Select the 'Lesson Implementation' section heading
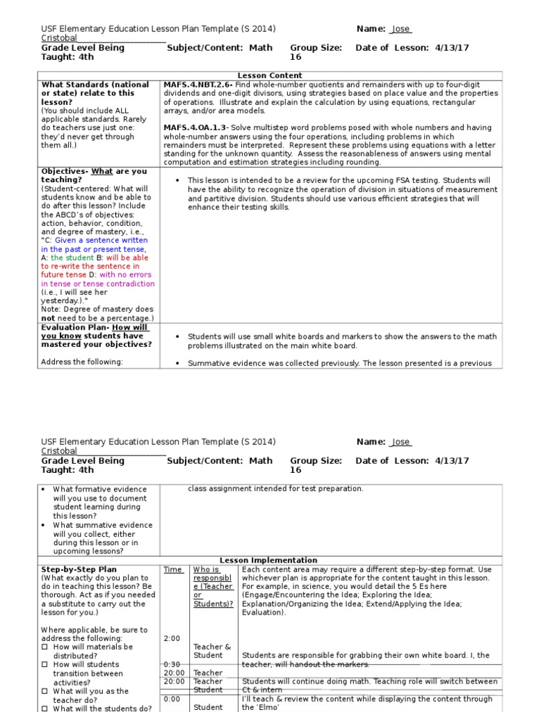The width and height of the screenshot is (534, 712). pos(268,560)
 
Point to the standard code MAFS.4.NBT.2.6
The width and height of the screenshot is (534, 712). pos(197,85)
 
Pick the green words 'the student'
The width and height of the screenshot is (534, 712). pos(74,258)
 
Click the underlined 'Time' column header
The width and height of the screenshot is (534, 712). pos(172,569)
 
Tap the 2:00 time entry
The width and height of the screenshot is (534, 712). pos(172,638)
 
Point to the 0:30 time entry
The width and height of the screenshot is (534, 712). pos(172,664)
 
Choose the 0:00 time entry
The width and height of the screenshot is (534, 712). pos(172,699)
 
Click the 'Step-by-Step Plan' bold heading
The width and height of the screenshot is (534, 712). pos(79,569)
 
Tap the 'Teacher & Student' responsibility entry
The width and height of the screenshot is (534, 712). pos(212,651)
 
